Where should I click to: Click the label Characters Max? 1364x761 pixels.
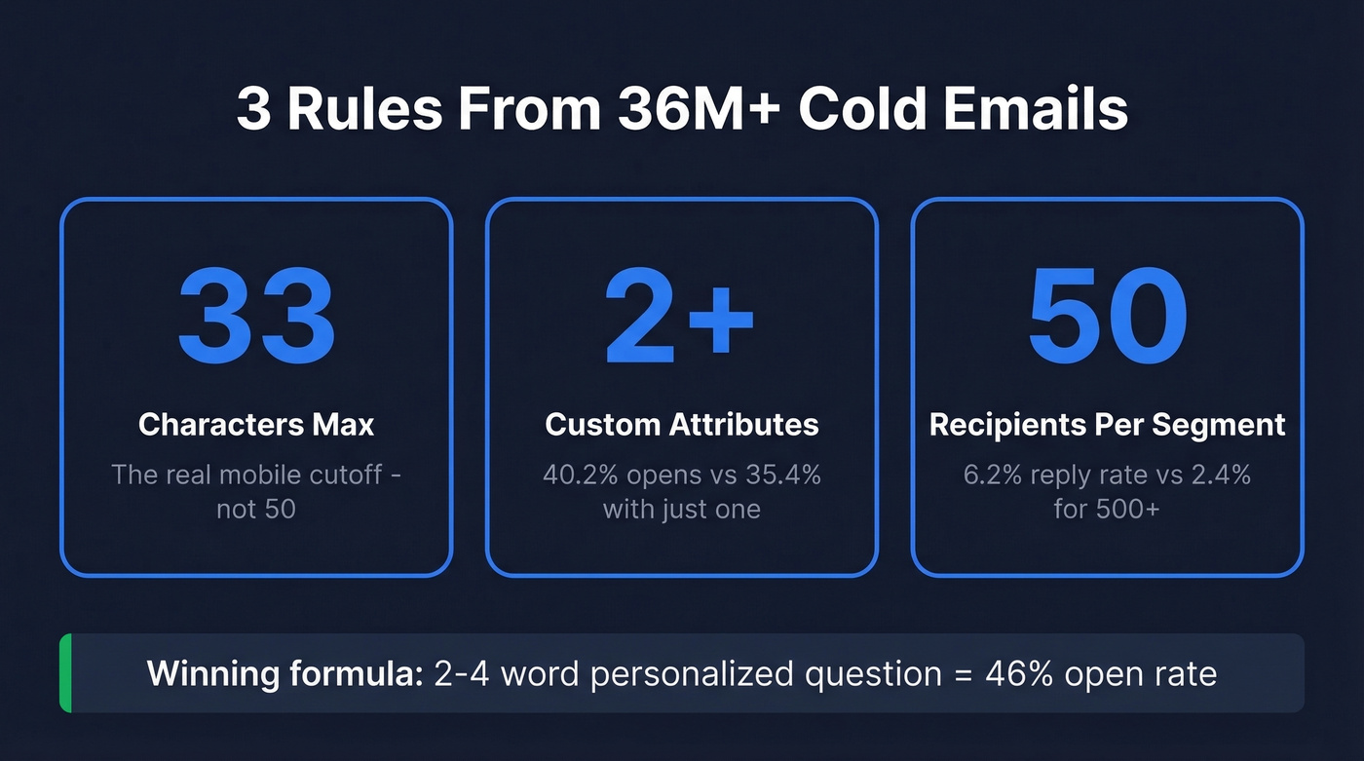(x=256, y=425)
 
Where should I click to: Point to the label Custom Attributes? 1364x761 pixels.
(x=682, y=425)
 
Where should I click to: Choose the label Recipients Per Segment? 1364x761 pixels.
(x=1108, y=425)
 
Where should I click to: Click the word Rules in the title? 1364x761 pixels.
(x=365, y=109)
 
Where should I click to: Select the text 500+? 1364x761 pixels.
(x=1130, y=509)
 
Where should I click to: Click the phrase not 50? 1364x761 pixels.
(x=256, y=509)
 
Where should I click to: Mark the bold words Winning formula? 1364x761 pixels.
(x=282, y=673)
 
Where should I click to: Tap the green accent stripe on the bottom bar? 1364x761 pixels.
(x=65, y=673)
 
